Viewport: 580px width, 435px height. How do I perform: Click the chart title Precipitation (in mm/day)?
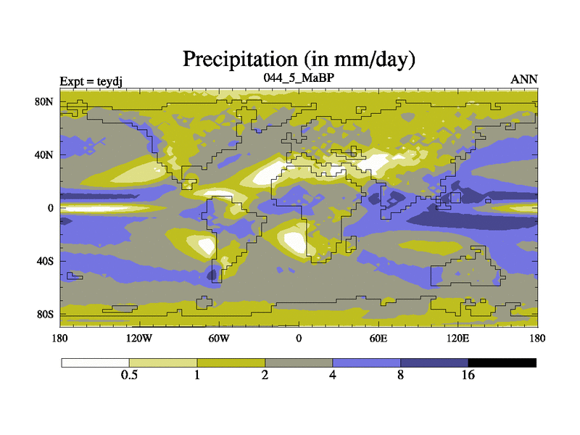pyautogui.click(x=299, y=58)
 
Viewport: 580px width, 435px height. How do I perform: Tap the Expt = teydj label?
pyautogui.click(x=90, y=80)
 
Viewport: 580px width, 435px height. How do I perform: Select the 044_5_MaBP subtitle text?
pyautogui.click(x=298, y=77)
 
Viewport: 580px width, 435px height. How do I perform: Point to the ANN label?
pyautogui.click(x=524, y=80)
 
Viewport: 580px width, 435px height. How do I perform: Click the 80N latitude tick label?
pyautogui.click(x=45, y=101)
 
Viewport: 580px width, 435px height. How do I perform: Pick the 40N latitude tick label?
pyautogui.click(x=45, y=155)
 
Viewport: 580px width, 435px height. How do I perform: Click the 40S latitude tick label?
pyautogui.click(x=45, y=261)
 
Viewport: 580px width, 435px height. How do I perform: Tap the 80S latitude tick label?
pyautogui.click(x=45, y=314)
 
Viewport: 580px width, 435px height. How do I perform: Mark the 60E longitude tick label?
pyautogui.click(x=378, y=338)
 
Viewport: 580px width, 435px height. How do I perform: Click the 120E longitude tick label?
pyautogui.click(x=457, y=338)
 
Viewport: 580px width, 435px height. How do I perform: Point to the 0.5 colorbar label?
pyautogui.click(x=129, y=375)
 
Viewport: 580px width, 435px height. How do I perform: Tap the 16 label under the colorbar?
pyautogui.click(x=468, y=375)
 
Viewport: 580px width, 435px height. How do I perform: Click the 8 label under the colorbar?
pyautogui.click(x=401, y=375)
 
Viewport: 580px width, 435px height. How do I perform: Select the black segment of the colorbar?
pyautogui.click(x=502, y=362)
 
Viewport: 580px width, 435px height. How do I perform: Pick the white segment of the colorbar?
pyautogui.click(x=95, y=362)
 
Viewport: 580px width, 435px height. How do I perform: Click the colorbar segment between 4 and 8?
pyautogui.click(x=367, y=362)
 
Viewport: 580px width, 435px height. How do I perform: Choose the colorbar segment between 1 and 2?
pyautogui.click(x=231, y=362)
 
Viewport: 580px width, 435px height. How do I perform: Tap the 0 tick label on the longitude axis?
pyautogui.click(x=299, y=338)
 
